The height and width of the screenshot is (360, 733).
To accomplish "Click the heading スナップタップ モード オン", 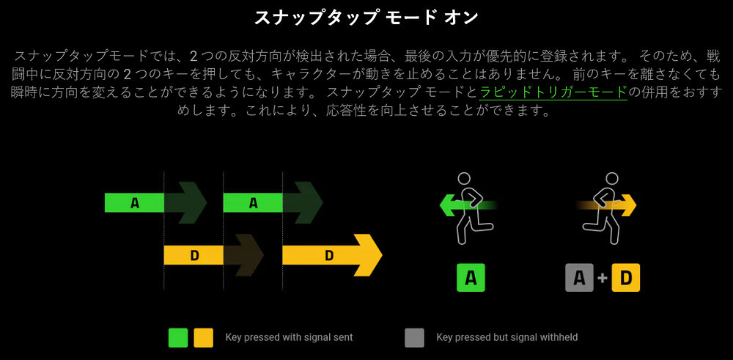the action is (366, 18).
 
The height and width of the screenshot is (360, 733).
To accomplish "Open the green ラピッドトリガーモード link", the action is (553, 92).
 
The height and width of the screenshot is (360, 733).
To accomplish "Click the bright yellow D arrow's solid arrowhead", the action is (367, 255).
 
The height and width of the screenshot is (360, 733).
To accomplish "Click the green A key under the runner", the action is (471, 278).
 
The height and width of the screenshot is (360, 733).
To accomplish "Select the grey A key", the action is (579, 278).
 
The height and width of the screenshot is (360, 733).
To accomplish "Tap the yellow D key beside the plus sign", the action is (625, 278).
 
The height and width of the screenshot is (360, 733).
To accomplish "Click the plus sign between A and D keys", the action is (603, 278).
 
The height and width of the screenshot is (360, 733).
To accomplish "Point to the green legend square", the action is (178, 337).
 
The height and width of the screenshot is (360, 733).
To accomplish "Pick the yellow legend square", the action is (203, 337).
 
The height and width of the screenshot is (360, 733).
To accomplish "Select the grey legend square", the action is (415, 337).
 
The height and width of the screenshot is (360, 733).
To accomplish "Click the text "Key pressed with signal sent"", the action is (289, 337).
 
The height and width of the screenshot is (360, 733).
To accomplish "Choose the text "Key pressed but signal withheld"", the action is (507, 337).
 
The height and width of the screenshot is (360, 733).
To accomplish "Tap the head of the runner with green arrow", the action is (464, 180).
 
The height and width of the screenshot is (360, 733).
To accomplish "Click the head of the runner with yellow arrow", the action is (611, 180).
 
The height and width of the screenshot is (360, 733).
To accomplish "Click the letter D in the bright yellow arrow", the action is (329, 255).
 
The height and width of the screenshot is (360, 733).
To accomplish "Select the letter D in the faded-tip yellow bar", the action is (194, 255).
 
